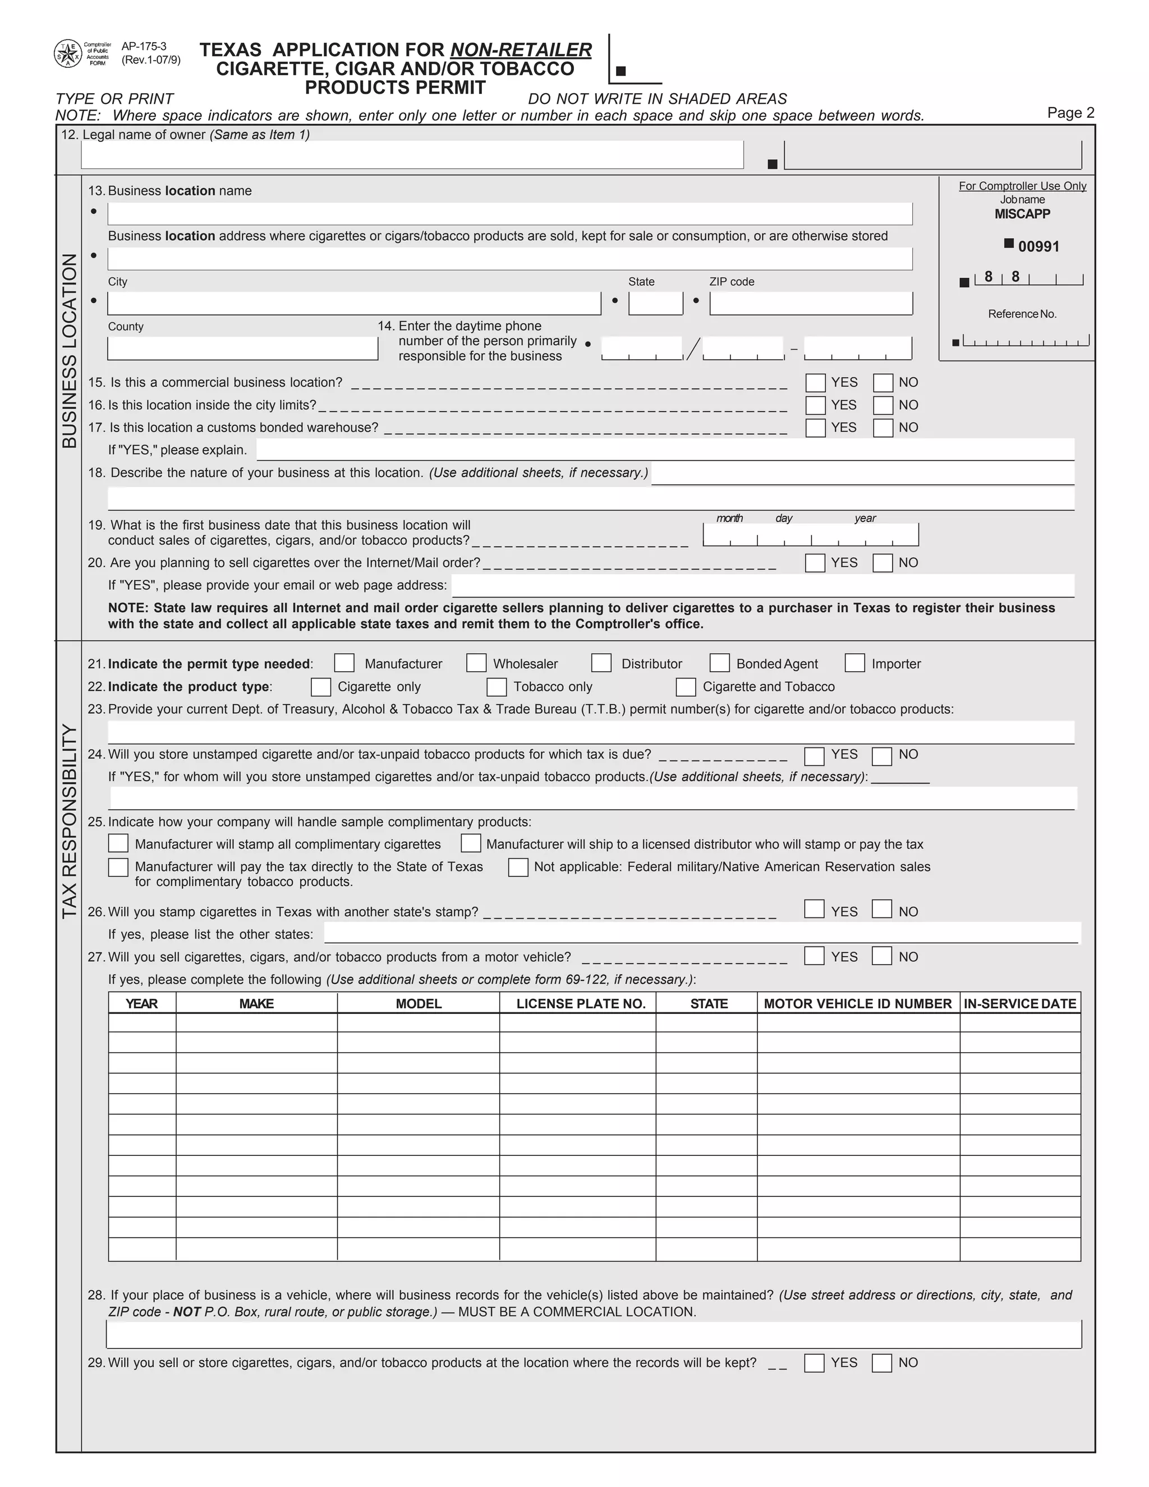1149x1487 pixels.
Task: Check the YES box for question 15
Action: click(815, 383)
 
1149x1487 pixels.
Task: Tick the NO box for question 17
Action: click(883, 428)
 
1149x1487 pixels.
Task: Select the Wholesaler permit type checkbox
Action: click(476, 663)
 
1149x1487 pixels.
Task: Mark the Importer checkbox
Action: click(854, 663)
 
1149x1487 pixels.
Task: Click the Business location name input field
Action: click(509, 214)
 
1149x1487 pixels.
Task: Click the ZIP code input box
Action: click(810, 304)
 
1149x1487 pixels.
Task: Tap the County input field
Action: click(242, 348)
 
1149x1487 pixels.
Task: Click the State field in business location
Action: click(655, 304)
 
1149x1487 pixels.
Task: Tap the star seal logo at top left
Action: click(67, 54)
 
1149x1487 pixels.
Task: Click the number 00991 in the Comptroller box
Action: click(1038, 247)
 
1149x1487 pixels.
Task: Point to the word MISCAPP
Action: click(1022, 214)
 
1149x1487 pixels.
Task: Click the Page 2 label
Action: click(1070, 113)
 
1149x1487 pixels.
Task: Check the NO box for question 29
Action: click(881, 1363)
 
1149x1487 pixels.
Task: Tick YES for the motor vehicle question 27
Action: click(814, 956)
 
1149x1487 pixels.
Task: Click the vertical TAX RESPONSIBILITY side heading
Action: click(70, 821)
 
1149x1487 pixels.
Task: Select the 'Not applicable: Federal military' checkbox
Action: click(518, 868)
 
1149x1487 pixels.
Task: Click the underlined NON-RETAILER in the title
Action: click(521, 51)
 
